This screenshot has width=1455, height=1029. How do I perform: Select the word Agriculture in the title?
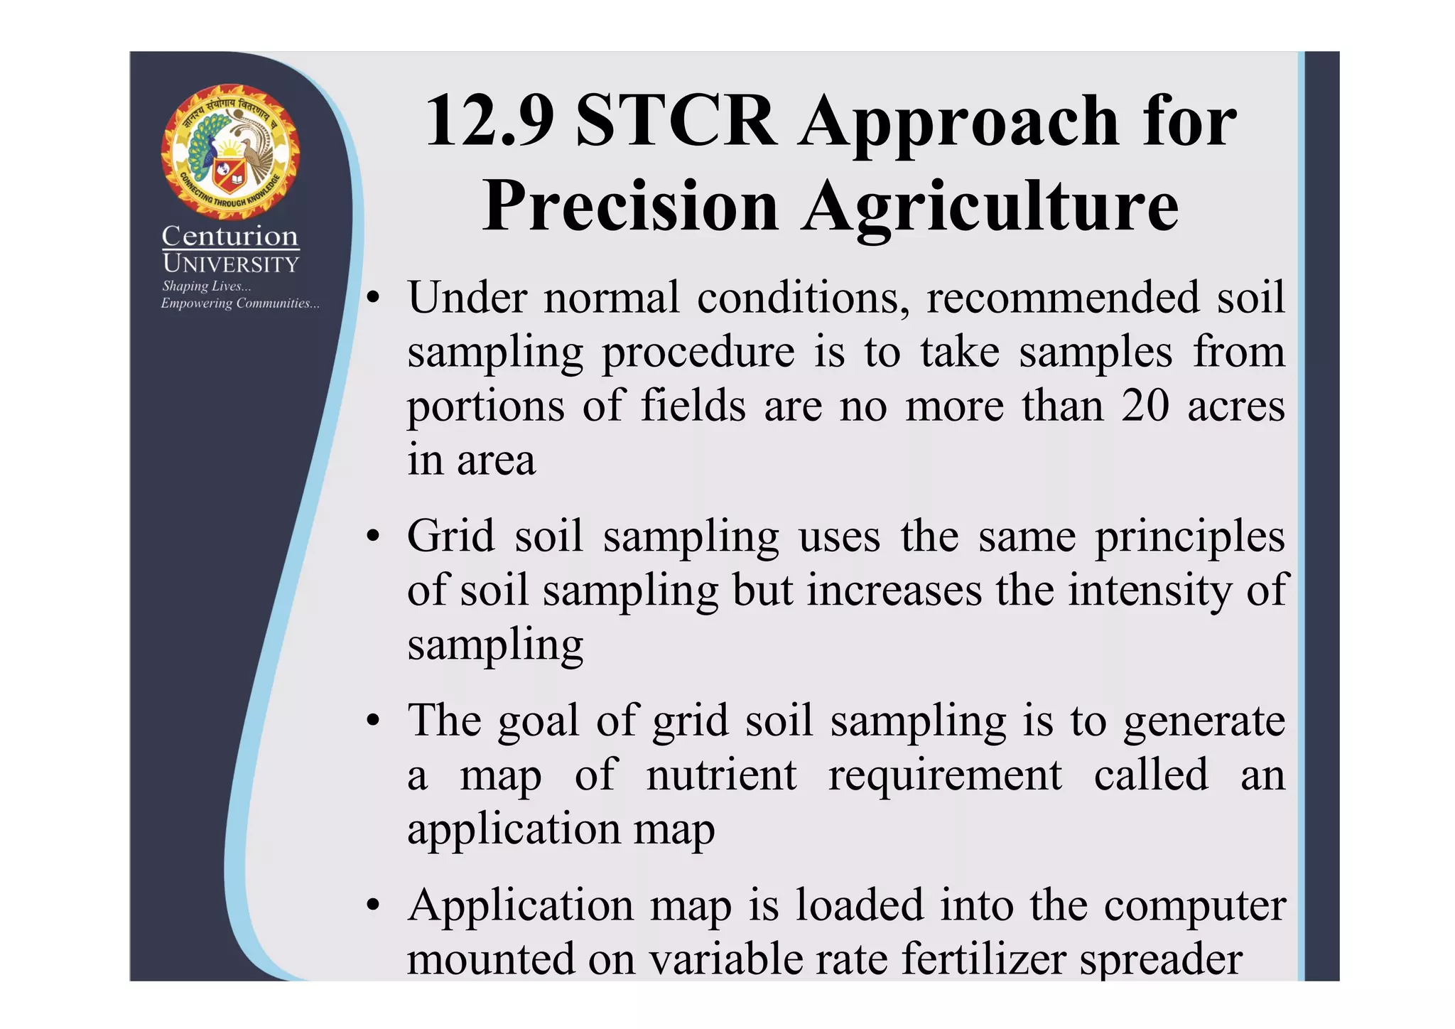click(x=990, y=207)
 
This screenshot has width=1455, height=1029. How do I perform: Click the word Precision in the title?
click(x=630, y=207)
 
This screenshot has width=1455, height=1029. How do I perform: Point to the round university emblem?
click(x=230, y=151)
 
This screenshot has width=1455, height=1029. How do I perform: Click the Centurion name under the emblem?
click(x=230, y=236)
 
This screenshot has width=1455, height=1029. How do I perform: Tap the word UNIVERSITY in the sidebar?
click(x=230, y=264)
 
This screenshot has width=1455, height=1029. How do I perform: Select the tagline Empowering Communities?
click(x=240, y=303)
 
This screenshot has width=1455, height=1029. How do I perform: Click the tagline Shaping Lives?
click(x=206, y=286)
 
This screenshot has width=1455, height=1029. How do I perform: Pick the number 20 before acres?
click(x=1145, y=406)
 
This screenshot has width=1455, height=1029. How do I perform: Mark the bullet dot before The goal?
click(x=373, y=722)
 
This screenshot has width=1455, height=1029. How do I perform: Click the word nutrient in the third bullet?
click(x=721, y=775)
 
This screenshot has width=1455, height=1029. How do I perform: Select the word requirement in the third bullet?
click(x=945, y=776)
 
